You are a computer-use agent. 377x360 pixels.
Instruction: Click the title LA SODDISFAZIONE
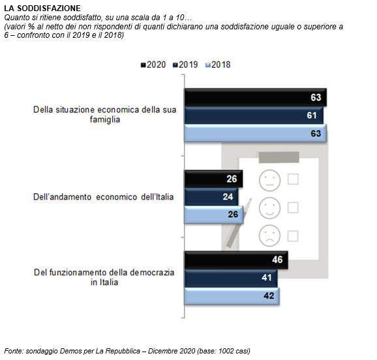point(42,8)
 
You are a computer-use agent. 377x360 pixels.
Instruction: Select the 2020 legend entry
point(153,65)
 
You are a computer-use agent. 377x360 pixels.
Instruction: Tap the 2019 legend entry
point(185,65)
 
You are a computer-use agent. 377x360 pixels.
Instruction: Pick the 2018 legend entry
point(218,65)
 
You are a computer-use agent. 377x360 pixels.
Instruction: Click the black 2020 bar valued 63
point(256,97)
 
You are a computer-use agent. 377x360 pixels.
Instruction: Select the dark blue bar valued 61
point(254,115)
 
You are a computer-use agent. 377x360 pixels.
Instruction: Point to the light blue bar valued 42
point(232,296)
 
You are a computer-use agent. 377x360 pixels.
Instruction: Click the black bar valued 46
point(236,260)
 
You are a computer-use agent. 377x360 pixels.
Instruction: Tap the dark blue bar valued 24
point(211,197)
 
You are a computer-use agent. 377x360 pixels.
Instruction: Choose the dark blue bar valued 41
point(231,278)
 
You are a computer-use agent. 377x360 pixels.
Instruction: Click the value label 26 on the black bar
point(232,179)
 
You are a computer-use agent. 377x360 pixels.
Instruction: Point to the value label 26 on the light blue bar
point(233,215)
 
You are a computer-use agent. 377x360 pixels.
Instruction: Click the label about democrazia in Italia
point(104,277)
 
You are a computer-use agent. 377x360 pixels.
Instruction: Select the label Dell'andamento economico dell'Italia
point(104,197)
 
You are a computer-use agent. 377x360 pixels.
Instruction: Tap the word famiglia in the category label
point(105,119)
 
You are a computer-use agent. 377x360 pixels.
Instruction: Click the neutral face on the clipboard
point(270,181)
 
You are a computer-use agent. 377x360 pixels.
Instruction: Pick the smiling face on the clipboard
point(270,208)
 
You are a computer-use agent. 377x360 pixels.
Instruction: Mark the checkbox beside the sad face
point(293,236)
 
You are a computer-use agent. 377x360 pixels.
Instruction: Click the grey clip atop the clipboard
point(279,157)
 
